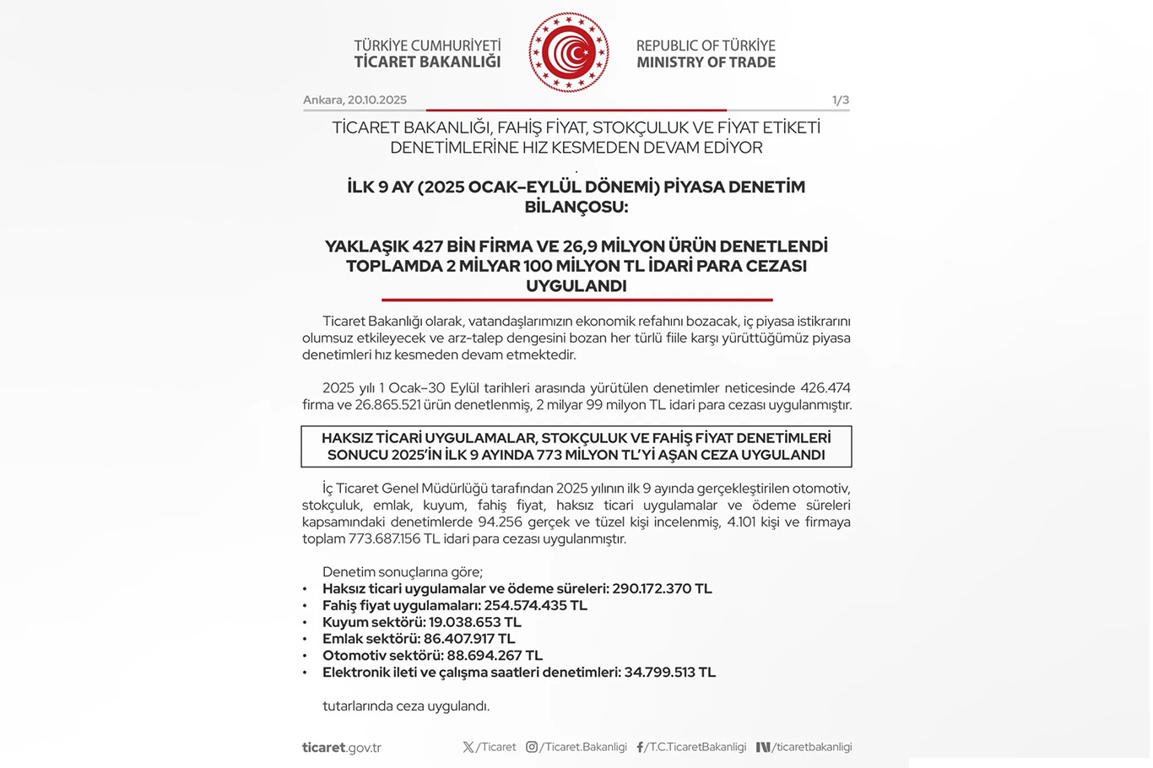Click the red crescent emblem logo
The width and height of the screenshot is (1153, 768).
click(568, 52)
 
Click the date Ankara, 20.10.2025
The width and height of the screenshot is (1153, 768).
click(355, 100)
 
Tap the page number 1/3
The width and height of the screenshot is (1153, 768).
click(840, 100)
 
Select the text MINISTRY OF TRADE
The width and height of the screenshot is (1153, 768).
click(706, 62)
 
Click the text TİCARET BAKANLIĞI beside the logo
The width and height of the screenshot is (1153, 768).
click(427, 62)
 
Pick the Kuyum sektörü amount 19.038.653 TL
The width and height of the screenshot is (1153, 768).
click(474, 623)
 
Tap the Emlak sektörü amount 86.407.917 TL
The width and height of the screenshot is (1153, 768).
click(471, 639)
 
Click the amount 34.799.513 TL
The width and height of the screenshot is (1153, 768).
click(669, 673)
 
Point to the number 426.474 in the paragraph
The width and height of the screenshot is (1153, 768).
click(825, 388)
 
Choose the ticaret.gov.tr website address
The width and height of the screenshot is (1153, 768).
click(342, 748)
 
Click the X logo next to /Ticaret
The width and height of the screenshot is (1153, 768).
click(468, 747)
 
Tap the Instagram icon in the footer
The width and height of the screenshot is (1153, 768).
click(532, 747)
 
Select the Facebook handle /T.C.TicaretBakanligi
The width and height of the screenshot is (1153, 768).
click(696, 747)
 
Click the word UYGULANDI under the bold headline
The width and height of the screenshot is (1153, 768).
click(576, 286)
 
